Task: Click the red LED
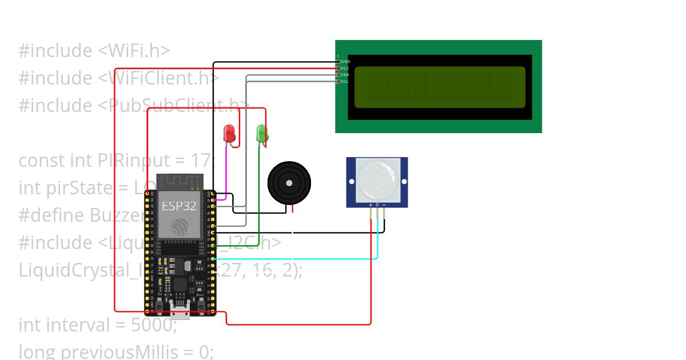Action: tap(229, 133)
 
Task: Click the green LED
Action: tap(262, 133)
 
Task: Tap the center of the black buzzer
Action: tap(289, 183)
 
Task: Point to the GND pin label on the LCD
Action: tap(345, 61)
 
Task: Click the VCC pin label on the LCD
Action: tap(345, 68)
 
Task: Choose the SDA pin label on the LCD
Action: tap(345, 75)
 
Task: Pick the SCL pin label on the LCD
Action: tap(345, 82)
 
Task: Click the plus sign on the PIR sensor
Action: tap(370, 205)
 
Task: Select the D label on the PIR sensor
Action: tap(377, 205)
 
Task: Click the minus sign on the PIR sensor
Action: tap(384, 205)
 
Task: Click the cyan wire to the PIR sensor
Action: tap(297, 259)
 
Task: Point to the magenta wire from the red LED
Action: tap(226, 171)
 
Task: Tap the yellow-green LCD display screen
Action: tap(440, 87)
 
